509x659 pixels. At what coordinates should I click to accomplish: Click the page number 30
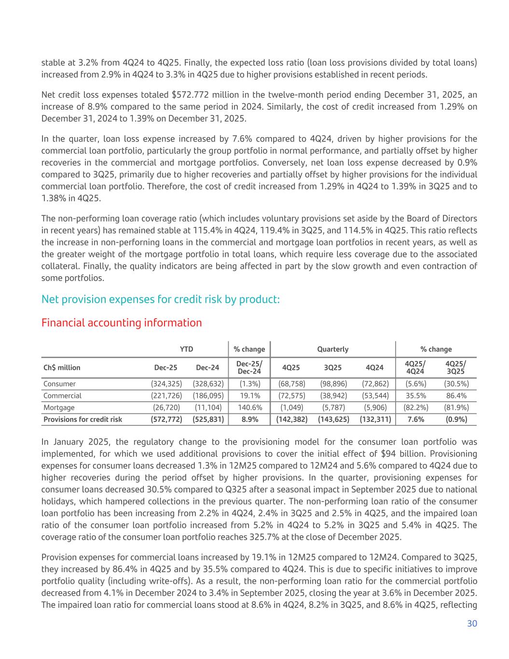[x=472, y=623]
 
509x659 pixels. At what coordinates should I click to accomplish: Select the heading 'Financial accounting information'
[x=122, y=322]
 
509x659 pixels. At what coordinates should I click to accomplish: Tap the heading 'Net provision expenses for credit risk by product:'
[x=160, y=299]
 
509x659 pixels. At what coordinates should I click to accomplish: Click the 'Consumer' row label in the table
[x=60, y=384]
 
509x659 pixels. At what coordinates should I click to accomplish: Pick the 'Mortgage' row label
[x=59, y=407]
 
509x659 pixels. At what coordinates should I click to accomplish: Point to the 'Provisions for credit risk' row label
[x=83, y=419]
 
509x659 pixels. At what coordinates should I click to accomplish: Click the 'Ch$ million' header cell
[x=62, y=367]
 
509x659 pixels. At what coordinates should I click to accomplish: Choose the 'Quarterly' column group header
[x=332, y=349]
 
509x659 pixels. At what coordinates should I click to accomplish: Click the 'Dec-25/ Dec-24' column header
[x=249, y=367]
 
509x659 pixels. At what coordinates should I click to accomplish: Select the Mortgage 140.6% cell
[x=249, y=407]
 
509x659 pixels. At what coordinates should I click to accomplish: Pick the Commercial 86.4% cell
[x=455, y=395]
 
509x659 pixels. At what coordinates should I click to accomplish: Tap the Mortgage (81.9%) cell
[x=455, y=407]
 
